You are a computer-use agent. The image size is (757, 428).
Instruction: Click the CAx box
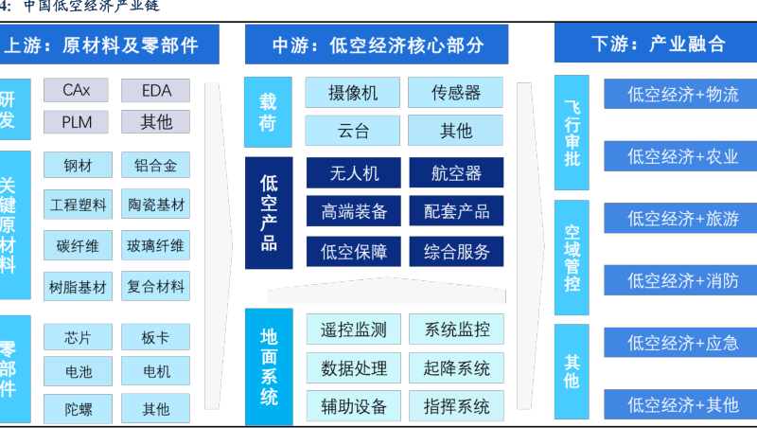pyautogui.click(x=77, y=91)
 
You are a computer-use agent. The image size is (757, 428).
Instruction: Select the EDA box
pyautogui.click(x=155, y=91)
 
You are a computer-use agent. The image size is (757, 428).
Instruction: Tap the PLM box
pyautogui.click(x=77, y=122)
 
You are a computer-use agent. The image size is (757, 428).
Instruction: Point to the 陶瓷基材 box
pyautogui.click(x=155, y=205)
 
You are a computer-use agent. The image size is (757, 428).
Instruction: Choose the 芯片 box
pyautogui.click(x=77, y=338)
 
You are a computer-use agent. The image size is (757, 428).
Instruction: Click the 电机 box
pyautogui.click(x=155, y=371)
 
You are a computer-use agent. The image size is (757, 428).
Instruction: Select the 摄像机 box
pyautogui.click(x=353, y=93)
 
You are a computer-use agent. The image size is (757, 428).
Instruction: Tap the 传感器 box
pyautogui.click(x=456, y=93)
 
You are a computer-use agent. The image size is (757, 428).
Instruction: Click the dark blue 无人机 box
pyautogui.click(x=353, y=173)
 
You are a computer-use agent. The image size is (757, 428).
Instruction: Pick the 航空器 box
pyautogui.click(x=456, y=173)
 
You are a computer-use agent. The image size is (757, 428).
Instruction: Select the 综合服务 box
pyautogui.click(x=456, y=252)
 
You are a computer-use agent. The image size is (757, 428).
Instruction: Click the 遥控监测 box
pyautogui.click(x=353, y=330)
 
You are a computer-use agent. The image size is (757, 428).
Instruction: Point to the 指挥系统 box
pyautogui.click(x=456, y=407)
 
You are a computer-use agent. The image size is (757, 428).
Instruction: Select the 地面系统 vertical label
pyautogui.click(x=269, y=366)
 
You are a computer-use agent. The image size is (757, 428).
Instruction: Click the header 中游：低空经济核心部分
pyautogui.click(x=377, y=45)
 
